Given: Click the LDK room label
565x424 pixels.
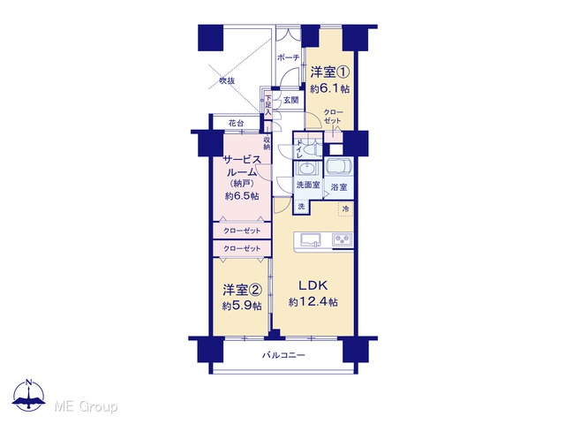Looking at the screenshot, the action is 313,285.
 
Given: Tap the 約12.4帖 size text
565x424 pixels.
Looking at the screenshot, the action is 313,302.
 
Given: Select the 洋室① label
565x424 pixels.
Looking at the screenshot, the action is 329,72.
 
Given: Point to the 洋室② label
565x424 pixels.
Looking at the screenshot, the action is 242,290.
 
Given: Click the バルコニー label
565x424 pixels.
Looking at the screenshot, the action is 283,355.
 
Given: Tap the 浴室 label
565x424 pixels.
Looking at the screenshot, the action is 339,187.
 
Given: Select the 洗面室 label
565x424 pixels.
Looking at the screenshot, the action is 308,185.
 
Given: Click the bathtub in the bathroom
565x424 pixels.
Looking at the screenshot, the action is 339,166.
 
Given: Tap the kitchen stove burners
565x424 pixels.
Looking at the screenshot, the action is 342,239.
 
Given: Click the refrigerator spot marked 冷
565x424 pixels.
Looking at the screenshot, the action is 345,208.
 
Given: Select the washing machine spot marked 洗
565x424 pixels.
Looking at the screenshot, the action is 301,207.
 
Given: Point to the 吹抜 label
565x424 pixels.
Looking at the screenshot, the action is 227,80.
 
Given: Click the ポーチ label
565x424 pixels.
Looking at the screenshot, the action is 289,57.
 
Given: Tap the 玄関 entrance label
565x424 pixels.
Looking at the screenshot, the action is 290,100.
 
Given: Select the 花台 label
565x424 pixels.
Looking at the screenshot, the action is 236,123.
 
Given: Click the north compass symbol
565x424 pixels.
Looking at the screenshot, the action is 29,396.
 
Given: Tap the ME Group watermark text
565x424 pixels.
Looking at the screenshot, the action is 87,407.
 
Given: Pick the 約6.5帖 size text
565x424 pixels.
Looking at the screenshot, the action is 242,196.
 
